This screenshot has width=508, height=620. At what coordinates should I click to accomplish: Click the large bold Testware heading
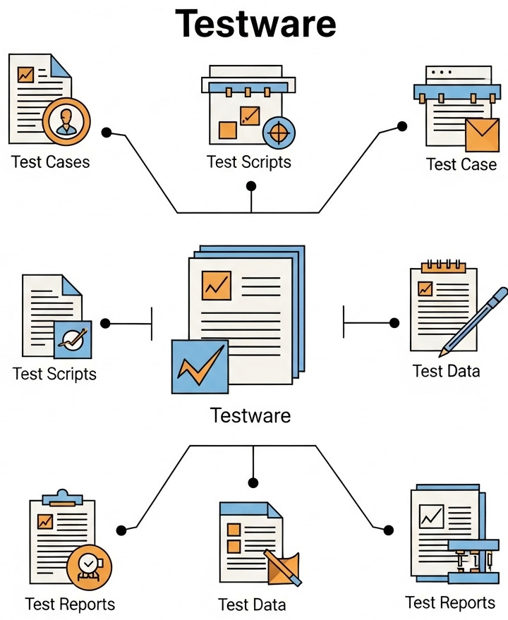click(255, 24)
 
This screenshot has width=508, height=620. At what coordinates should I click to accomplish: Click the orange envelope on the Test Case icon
click(483, 134)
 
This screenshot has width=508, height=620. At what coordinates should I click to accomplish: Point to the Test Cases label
click(51, 162)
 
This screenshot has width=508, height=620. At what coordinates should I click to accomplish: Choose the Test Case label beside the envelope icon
click(461, 164)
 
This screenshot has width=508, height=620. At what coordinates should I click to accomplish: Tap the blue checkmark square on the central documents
click(200, 366)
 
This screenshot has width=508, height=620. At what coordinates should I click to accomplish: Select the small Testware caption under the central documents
click(250, 415)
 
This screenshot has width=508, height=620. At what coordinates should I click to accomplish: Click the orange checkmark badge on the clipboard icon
click(89, 566)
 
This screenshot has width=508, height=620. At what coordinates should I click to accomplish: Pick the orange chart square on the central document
click(216, 285)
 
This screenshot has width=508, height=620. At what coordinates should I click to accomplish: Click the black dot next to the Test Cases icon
click(107, 132)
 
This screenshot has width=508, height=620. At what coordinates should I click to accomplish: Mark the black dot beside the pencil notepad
click(394, 323)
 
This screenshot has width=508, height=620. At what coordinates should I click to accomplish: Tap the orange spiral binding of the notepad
click(443, 267)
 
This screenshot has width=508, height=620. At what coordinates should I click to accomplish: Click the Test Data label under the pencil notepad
click(446, 371)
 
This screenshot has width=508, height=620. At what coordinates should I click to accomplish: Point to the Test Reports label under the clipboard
click(70, 604)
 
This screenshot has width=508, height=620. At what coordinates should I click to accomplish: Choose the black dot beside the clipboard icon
click(121, 529)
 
